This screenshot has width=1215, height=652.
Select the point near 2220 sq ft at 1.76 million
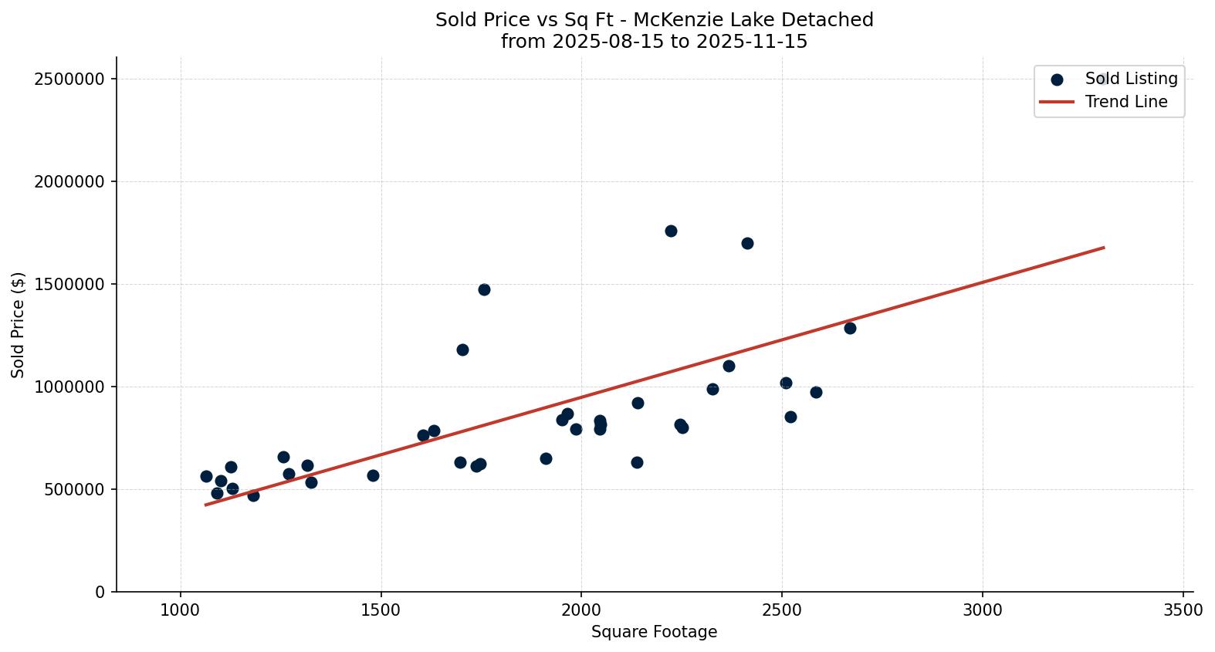click(x=671, y=231)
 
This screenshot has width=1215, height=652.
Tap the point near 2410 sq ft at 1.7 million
click(x=747, y=243)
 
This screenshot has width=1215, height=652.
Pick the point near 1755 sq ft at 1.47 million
click(x=484, y=289)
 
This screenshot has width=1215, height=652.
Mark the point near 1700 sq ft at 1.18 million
click(x=462, y=350)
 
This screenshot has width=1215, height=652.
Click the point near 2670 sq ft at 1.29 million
click(x=850, y=328)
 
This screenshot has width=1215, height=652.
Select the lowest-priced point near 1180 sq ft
click(x=253, y=495)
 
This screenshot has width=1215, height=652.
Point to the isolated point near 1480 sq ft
click(x=373, y=475)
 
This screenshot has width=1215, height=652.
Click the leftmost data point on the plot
click(x=206, y=476)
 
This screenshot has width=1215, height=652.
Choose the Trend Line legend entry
click(x=1125, y=102)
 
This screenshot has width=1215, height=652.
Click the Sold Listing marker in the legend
click(x=1057, y=79)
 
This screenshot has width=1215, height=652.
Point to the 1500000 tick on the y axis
click(x=69, y=284)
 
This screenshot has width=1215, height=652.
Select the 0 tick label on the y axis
click(x=100, y=592)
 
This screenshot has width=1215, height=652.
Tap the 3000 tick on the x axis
click(x=983, y=610)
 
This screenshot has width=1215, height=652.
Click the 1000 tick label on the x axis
click(x=181, y=610)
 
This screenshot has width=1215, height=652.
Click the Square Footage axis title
click(x=654, y=633)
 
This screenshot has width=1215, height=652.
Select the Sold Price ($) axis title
click(x=19, y=325)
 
